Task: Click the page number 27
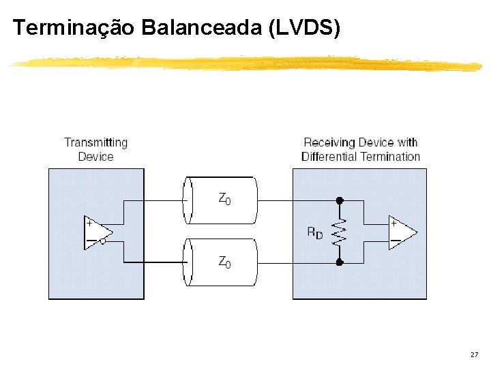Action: (474, 355)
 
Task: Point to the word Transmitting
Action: (95, 142)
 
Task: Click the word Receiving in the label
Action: (329, 142)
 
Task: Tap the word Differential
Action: (329, 157)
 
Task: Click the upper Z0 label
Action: (224, 198)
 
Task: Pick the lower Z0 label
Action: (224, 261)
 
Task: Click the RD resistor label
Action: (314, 232)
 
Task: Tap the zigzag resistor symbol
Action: (340, 232)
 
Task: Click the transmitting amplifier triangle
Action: (96, 233)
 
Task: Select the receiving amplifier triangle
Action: (402, 233)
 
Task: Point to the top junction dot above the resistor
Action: (340, 201)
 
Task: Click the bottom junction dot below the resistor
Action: (340, 262)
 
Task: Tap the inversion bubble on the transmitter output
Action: (103, 241)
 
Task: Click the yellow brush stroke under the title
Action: (245, 63)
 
